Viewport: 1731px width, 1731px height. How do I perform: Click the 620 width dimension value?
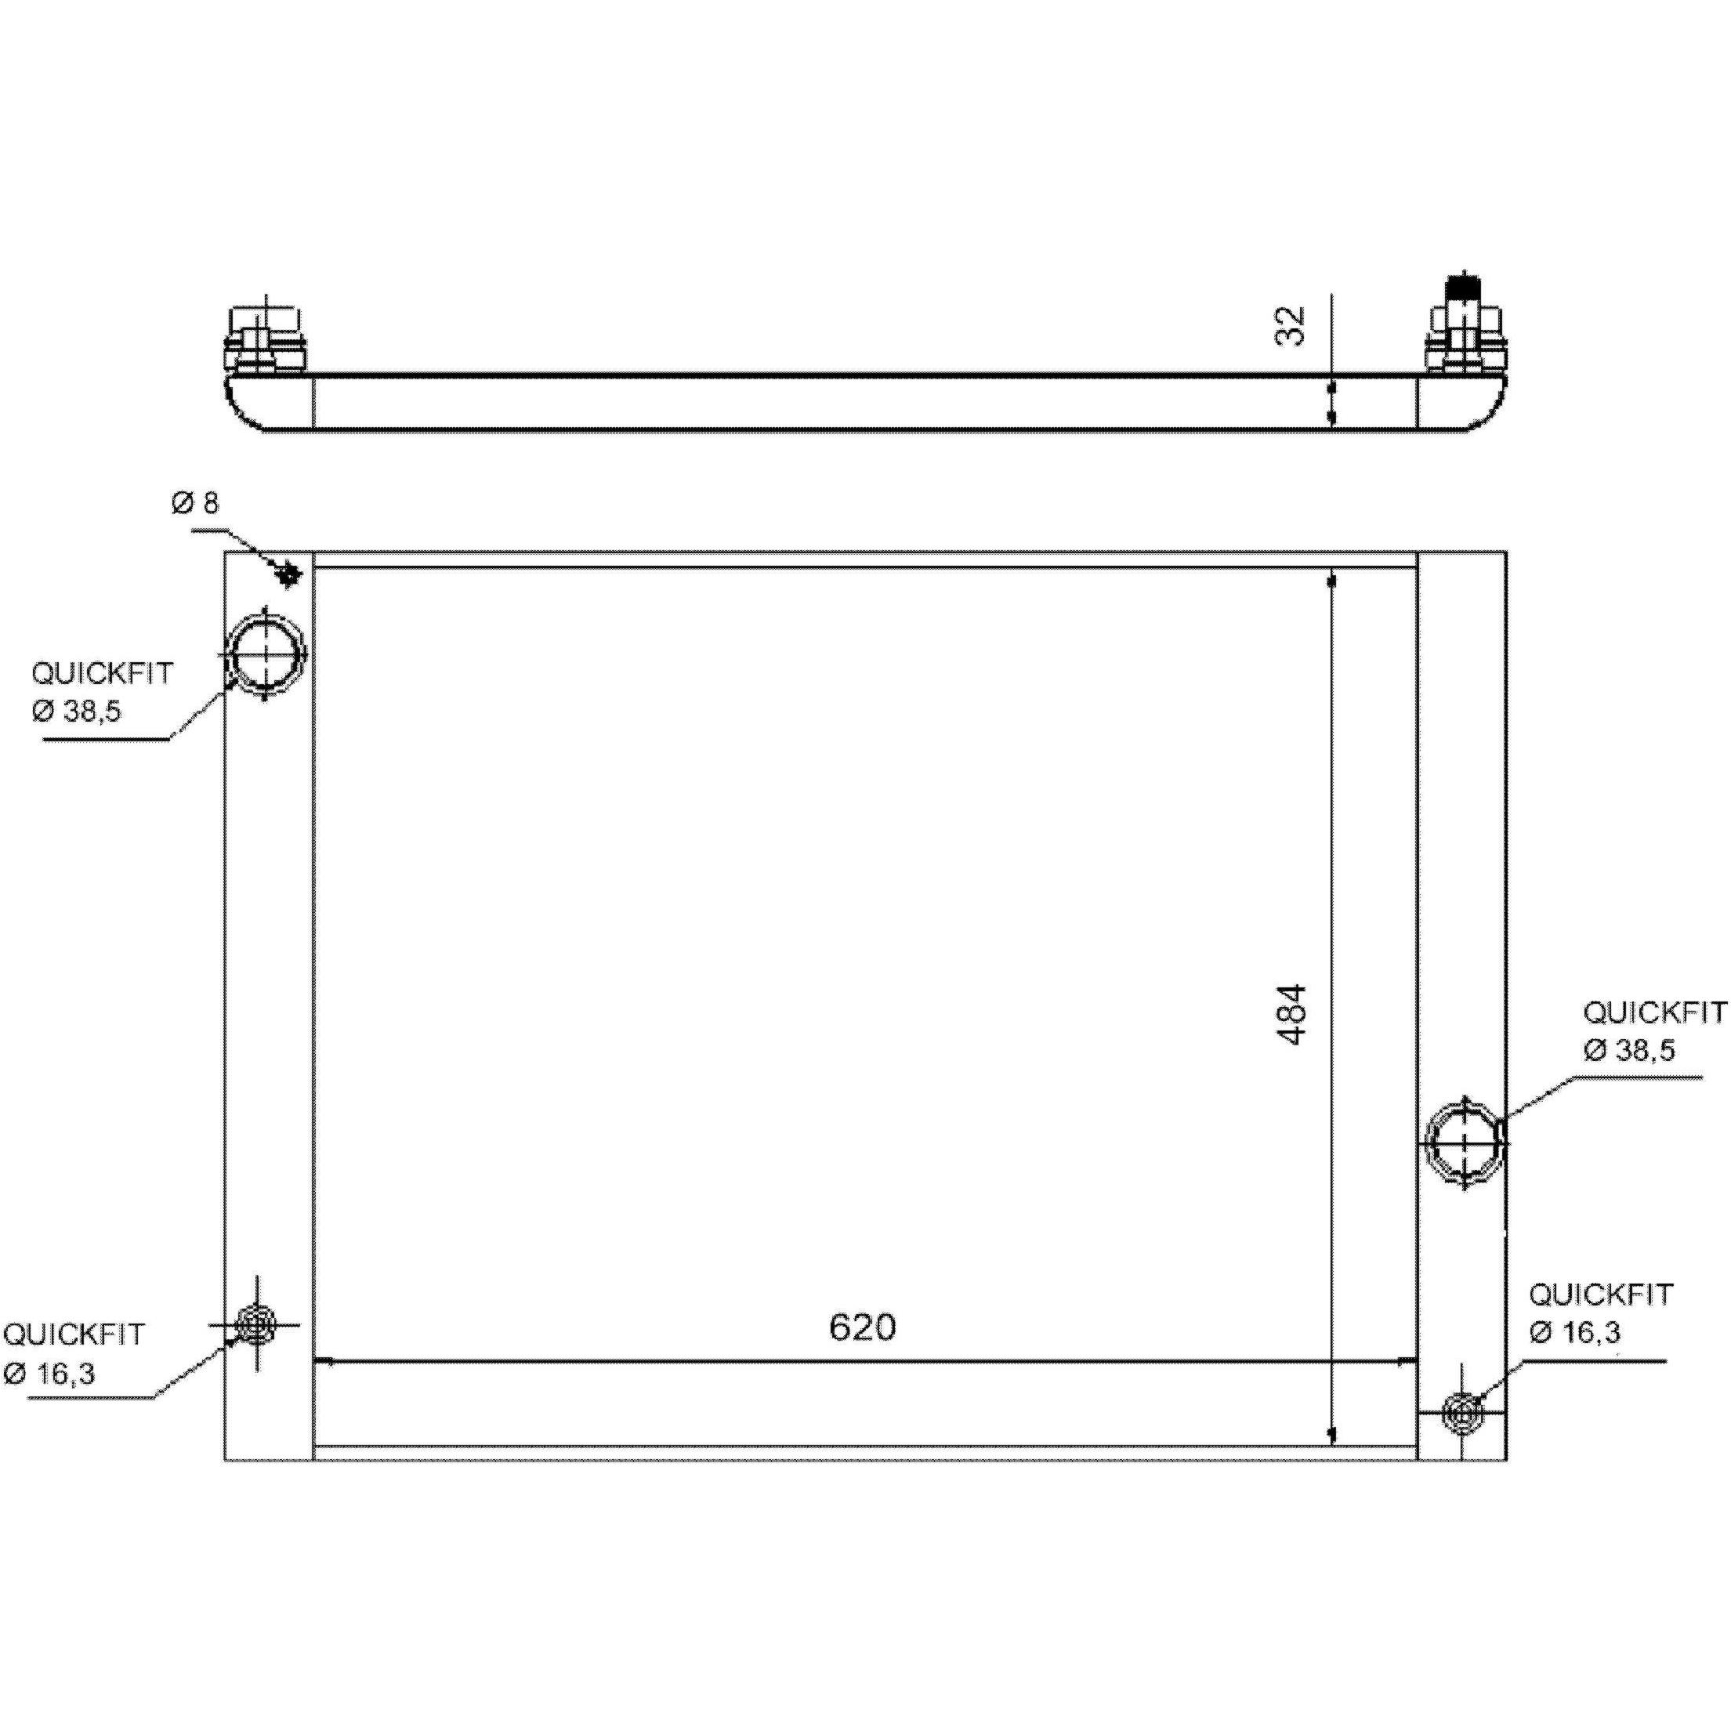(862, 1327)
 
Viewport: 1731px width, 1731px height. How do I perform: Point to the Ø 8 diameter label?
(194, 502)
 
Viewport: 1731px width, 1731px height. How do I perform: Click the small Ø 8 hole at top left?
(288, 574)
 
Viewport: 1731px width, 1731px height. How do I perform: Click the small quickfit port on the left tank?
(257, 1323)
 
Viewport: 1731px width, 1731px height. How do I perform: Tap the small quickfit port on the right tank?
(1462, 1414)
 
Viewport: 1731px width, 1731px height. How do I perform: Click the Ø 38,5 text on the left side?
(76, 712)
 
